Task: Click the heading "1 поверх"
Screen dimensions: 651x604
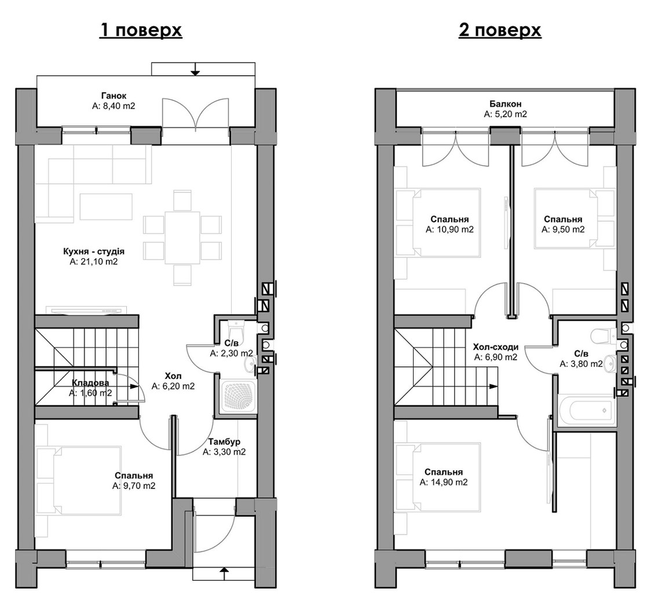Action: coord(141,30)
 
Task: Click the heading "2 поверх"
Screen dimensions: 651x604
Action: coord(500,30)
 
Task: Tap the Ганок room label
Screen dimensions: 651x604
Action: coord(114,96)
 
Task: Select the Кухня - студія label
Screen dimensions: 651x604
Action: coord(94,251)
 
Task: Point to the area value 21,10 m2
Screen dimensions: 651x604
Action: coord(94,262)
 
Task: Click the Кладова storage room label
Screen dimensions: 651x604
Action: coord(90,383)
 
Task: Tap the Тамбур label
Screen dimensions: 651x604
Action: coord(224,442)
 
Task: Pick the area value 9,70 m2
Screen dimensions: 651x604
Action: coord(134,486)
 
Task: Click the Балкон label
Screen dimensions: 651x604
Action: coord(505,104)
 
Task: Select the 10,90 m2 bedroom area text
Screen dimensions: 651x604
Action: coord(449,229)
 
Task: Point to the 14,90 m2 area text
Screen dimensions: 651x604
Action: coord(444,482)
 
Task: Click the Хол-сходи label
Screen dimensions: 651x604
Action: coord(496,347)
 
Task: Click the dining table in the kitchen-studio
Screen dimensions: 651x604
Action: coord(182,237)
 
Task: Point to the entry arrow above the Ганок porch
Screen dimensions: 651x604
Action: coord(195,69)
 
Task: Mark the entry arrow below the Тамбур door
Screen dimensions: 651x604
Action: coord(224,573)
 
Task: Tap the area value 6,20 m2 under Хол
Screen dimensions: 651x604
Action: coord(173,386)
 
